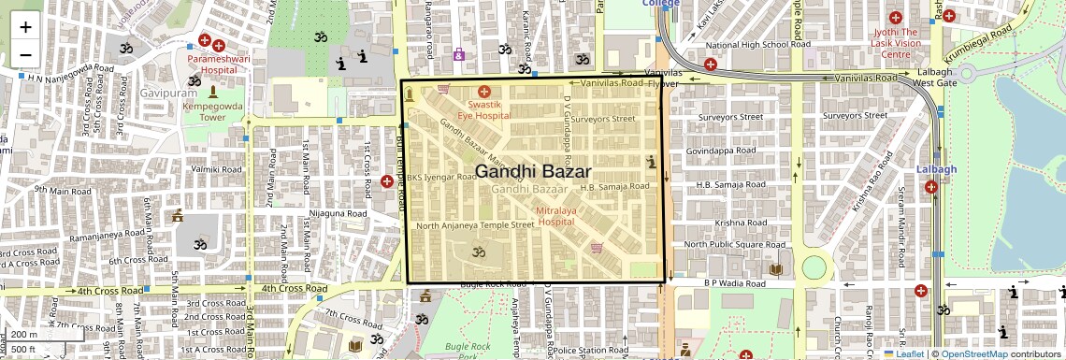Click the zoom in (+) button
[25, 26]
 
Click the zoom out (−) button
[25, 55]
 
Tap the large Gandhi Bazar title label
[533, 172]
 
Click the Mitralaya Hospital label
[555, 217]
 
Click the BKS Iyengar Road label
[441, 177]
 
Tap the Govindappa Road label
[720, 150]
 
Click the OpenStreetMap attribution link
[973, 354]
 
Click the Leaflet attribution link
[909, 354]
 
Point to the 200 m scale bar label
[24, 335]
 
